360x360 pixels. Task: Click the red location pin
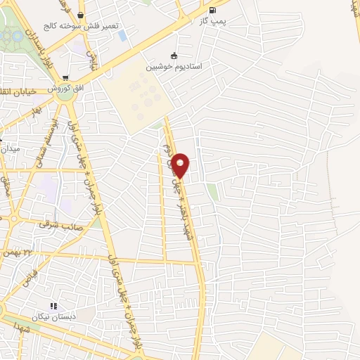[x=181, y=165]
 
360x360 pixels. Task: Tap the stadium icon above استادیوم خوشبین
[x=174, y=56]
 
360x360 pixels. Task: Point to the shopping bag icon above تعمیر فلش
[x=82, y=15]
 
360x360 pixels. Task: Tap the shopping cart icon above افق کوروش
[x=65, y=79]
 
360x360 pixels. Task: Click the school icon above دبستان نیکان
[x=53, y=306]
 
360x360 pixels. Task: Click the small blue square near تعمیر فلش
[x=124, y=35]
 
